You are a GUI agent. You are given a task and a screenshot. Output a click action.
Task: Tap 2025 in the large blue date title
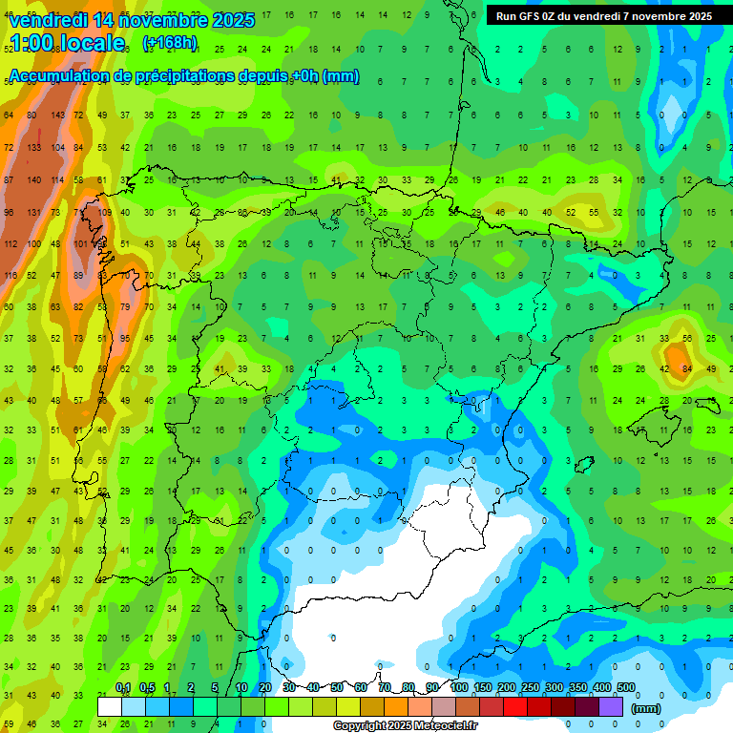228,20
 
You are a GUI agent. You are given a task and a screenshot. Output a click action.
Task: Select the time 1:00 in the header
35,43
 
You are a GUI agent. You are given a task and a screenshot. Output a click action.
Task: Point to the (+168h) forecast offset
169,43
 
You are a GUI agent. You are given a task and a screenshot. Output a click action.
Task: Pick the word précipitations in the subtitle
180,76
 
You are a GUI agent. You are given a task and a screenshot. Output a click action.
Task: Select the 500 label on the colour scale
626,688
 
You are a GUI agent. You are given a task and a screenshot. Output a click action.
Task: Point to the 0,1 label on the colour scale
123,688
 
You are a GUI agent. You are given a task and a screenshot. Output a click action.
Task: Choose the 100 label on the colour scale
458,688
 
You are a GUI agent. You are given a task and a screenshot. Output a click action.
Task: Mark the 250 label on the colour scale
530,688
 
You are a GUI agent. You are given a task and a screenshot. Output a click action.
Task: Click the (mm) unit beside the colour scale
646,708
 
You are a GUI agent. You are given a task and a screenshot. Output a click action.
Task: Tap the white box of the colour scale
110,706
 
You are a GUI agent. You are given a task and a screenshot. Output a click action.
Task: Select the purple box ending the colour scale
612,706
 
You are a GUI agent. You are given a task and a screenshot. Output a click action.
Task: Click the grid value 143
57,115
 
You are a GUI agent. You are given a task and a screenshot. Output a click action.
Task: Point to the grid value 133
34,148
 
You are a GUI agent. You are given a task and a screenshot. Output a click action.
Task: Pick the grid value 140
34,179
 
